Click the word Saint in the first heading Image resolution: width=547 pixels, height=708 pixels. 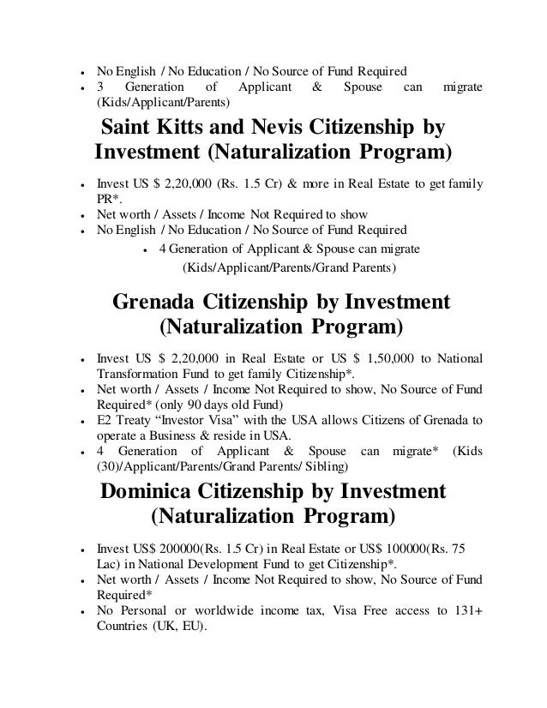click(129, 129)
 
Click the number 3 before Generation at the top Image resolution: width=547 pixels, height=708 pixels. click(99, 87)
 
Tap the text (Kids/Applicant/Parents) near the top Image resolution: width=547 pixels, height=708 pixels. click(162, 103)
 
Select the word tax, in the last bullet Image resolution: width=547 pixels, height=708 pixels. click(309, 611)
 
